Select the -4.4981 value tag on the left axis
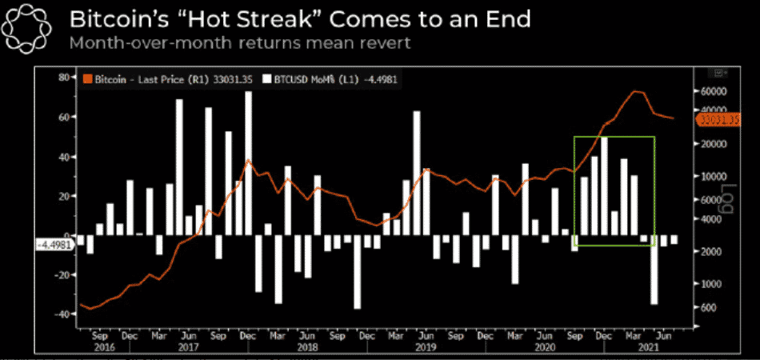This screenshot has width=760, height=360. (54, 246)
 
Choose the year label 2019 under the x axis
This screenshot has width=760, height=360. (426, 348)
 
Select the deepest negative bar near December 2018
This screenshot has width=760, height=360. (357, 272)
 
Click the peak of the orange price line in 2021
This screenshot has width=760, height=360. (638, 91)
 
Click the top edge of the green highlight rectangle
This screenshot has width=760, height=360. (614, 137)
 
